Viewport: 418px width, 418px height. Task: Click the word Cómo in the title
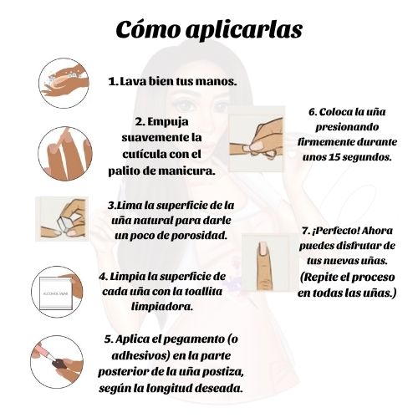click(x=147, y=28)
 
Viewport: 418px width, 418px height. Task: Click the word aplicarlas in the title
click(x=244, y=30)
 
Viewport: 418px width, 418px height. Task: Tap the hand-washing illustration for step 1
click(x=64, y=83)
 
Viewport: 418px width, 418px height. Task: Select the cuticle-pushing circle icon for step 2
click(x=65, y=154)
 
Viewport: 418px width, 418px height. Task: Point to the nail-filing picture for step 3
click(x=62, y=219)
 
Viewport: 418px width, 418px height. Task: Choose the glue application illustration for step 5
click(x=57, y=362)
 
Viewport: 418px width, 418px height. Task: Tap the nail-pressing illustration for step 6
click(x=257, y=139)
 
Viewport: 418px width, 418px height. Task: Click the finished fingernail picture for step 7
click(x=269, y=263)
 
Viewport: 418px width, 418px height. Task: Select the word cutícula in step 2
click(x=142, y=154)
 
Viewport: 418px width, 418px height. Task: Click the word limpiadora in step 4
click(x=162, y=307)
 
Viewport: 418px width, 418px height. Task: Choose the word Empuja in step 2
click(x=167, y=122)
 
